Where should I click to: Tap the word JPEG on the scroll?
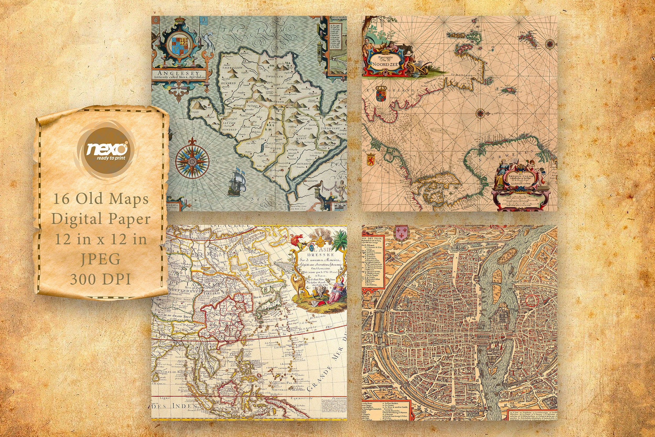(x=101, y=259)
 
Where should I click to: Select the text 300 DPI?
(x=101, y=279)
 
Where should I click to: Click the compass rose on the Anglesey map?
(x=193, y=161)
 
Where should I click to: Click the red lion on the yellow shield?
(x=370, y=159)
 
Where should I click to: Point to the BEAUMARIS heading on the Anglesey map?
(x=338, y=18)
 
